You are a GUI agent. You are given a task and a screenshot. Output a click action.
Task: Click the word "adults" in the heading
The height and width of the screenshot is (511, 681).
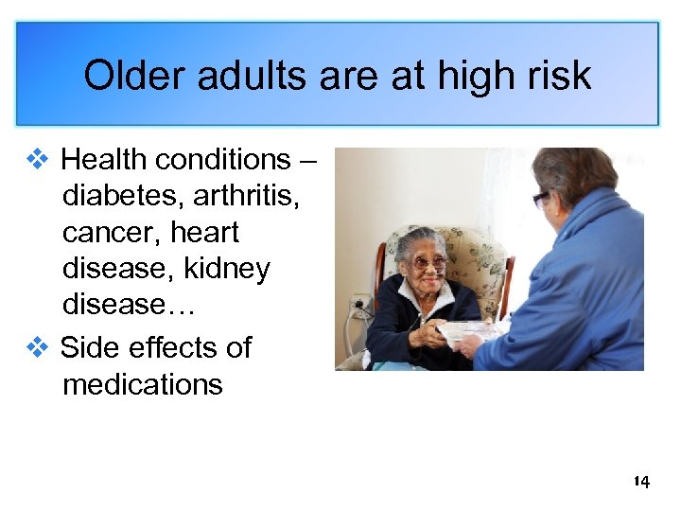coord(232,75)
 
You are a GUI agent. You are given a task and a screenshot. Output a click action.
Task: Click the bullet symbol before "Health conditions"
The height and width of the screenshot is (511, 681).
coord(38,159)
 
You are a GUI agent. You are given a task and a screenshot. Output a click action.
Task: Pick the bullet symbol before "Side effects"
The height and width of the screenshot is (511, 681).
coord(38,347)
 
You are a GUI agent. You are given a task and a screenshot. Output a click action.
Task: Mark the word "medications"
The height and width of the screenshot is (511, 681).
coord(143,385)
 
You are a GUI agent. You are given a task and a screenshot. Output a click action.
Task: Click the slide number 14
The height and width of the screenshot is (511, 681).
coord(641,482)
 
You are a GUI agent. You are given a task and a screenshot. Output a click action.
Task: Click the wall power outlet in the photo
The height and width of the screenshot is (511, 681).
coord(360,306)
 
